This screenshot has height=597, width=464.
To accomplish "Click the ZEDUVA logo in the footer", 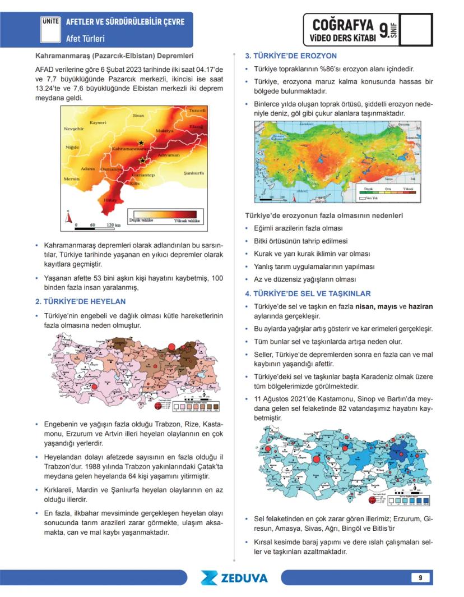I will pyautogui.click(x=234, y=578).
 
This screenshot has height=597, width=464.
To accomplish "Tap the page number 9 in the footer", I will pyautogui.click(x=419, y=577).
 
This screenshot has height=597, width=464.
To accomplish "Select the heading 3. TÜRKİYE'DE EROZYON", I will pyautogui.click(x=291, y=56).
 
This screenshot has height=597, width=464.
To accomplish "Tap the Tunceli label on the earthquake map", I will pyautogui.click(x=197, y=111).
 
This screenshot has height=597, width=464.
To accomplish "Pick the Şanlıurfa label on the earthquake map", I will pyautogui.click(x=195, y=173).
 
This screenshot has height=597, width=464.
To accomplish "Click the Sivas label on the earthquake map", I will pyautogui.click(x=138, y=116).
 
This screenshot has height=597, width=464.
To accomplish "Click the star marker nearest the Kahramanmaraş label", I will pyautogui.click(x=141, y=143).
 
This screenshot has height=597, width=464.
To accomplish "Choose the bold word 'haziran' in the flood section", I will pyautogui.click(x=420, y=307).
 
